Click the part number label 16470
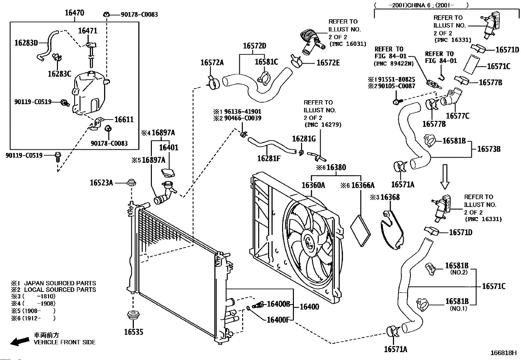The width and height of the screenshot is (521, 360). tap(74, 13)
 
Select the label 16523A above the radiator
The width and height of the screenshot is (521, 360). tap(101, 182)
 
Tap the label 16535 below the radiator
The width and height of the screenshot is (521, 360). tap(134, 332)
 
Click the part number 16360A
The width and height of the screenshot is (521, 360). tap(313, 185)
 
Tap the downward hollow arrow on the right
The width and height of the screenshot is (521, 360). tap(445, 177)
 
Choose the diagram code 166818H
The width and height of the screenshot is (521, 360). tap(503, 353)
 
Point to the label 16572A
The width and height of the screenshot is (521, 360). tap(212, 63)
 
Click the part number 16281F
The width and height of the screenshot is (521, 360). tap(269, 159)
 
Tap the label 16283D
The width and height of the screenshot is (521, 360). tap(27, 43)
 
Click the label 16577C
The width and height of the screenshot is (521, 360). tap(458, 116)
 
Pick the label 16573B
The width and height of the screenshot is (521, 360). tap(489, 149)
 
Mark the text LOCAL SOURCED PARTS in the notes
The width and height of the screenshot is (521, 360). tap(60, 290)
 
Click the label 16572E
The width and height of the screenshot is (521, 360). tap(328, 63)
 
